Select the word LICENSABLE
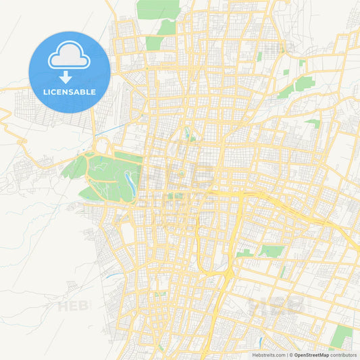70,92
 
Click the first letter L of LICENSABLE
45,92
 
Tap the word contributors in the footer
343,354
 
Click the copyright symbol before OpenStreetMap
291,354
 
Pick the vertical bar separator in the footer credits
286,354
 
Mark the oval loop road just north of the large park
103,146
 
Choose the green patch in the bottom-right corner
343,336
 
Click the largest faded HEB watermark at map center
180,177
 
